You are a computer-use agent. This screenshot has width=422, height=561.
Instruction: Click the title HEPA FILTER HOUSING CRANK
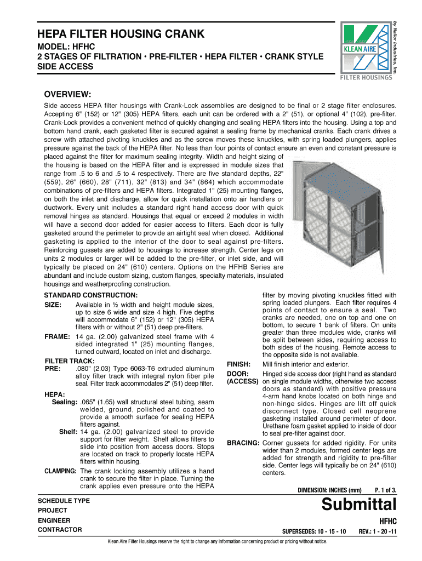click(x=121, y=35)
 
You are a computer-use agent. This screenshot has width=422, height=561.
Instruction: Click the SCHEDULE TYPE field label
click(x=64, y=500)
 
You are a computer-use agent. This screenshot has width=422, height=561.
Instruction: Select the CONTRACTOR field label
click(x=60, y=530)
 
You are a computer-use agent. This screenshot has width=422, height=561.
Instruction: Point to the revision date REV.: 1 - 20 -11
click(x=377, y=531)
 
